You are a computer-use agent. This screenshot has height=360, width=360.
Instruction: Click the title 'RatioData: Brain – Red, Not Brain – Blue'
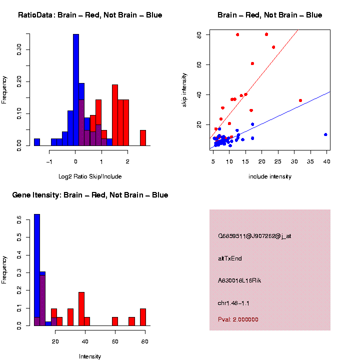point(90,15)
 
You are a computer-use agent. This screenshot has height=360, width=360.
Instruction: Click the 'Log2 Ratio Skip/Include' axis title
point(90,176)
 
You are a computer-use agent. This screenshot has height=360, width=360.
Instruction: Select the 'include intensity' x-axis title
point(269,176)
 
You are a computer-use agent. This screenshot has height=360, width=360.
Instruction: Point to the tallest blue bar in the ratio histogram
point(76,90)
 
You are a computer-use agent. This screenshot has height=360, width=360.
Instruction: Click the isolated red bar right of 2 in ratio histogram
point(143,138)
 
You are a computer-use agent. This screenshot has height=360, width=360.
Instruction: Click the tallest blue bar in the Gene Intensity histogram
point(37,270)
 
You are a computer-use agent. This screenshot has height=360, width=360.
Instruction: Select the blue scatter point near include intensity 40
point(325,134)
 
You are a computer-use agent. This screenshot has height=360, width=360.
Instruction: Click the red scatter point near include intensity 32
point(300,100)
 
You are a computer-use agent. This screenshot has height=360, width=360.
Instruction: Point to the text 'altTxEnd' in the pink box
point(230,258)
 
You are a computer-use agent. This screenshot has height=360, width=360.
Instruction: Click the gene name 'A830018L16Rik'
point(239,280)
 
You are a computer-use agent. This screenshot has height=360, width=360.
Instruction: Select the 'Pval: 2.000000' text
point(238,319)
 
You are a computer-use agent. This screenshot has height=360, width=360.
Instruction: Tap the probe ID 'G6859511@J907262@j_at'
point(254,236)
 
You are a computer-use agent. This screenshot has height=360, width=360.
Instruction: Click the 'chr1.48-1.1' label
point(233,303)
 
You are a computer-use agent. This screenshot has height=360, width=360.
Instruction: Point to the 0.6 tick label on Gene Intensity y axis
point(19,219)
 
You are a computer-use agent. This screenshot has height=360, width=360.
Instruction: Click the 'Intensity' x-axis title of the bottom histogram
point(90,356)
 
